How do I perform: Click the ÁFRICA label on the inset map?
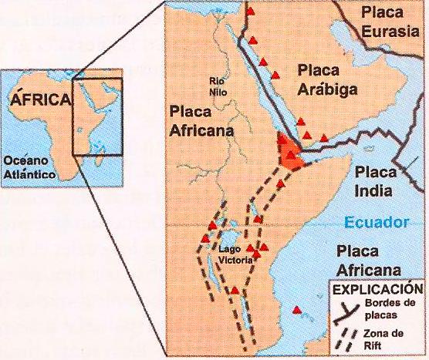(40, 99)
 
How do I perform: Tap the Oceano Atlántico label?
(29, 167)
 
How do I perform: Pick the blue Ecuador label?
(375, 223)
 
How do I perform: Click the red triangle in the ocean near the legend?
(296, 311)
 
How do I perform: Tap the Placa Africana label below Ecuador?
(369, 259)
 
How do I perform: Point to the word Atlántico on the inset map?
(29, 175)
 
